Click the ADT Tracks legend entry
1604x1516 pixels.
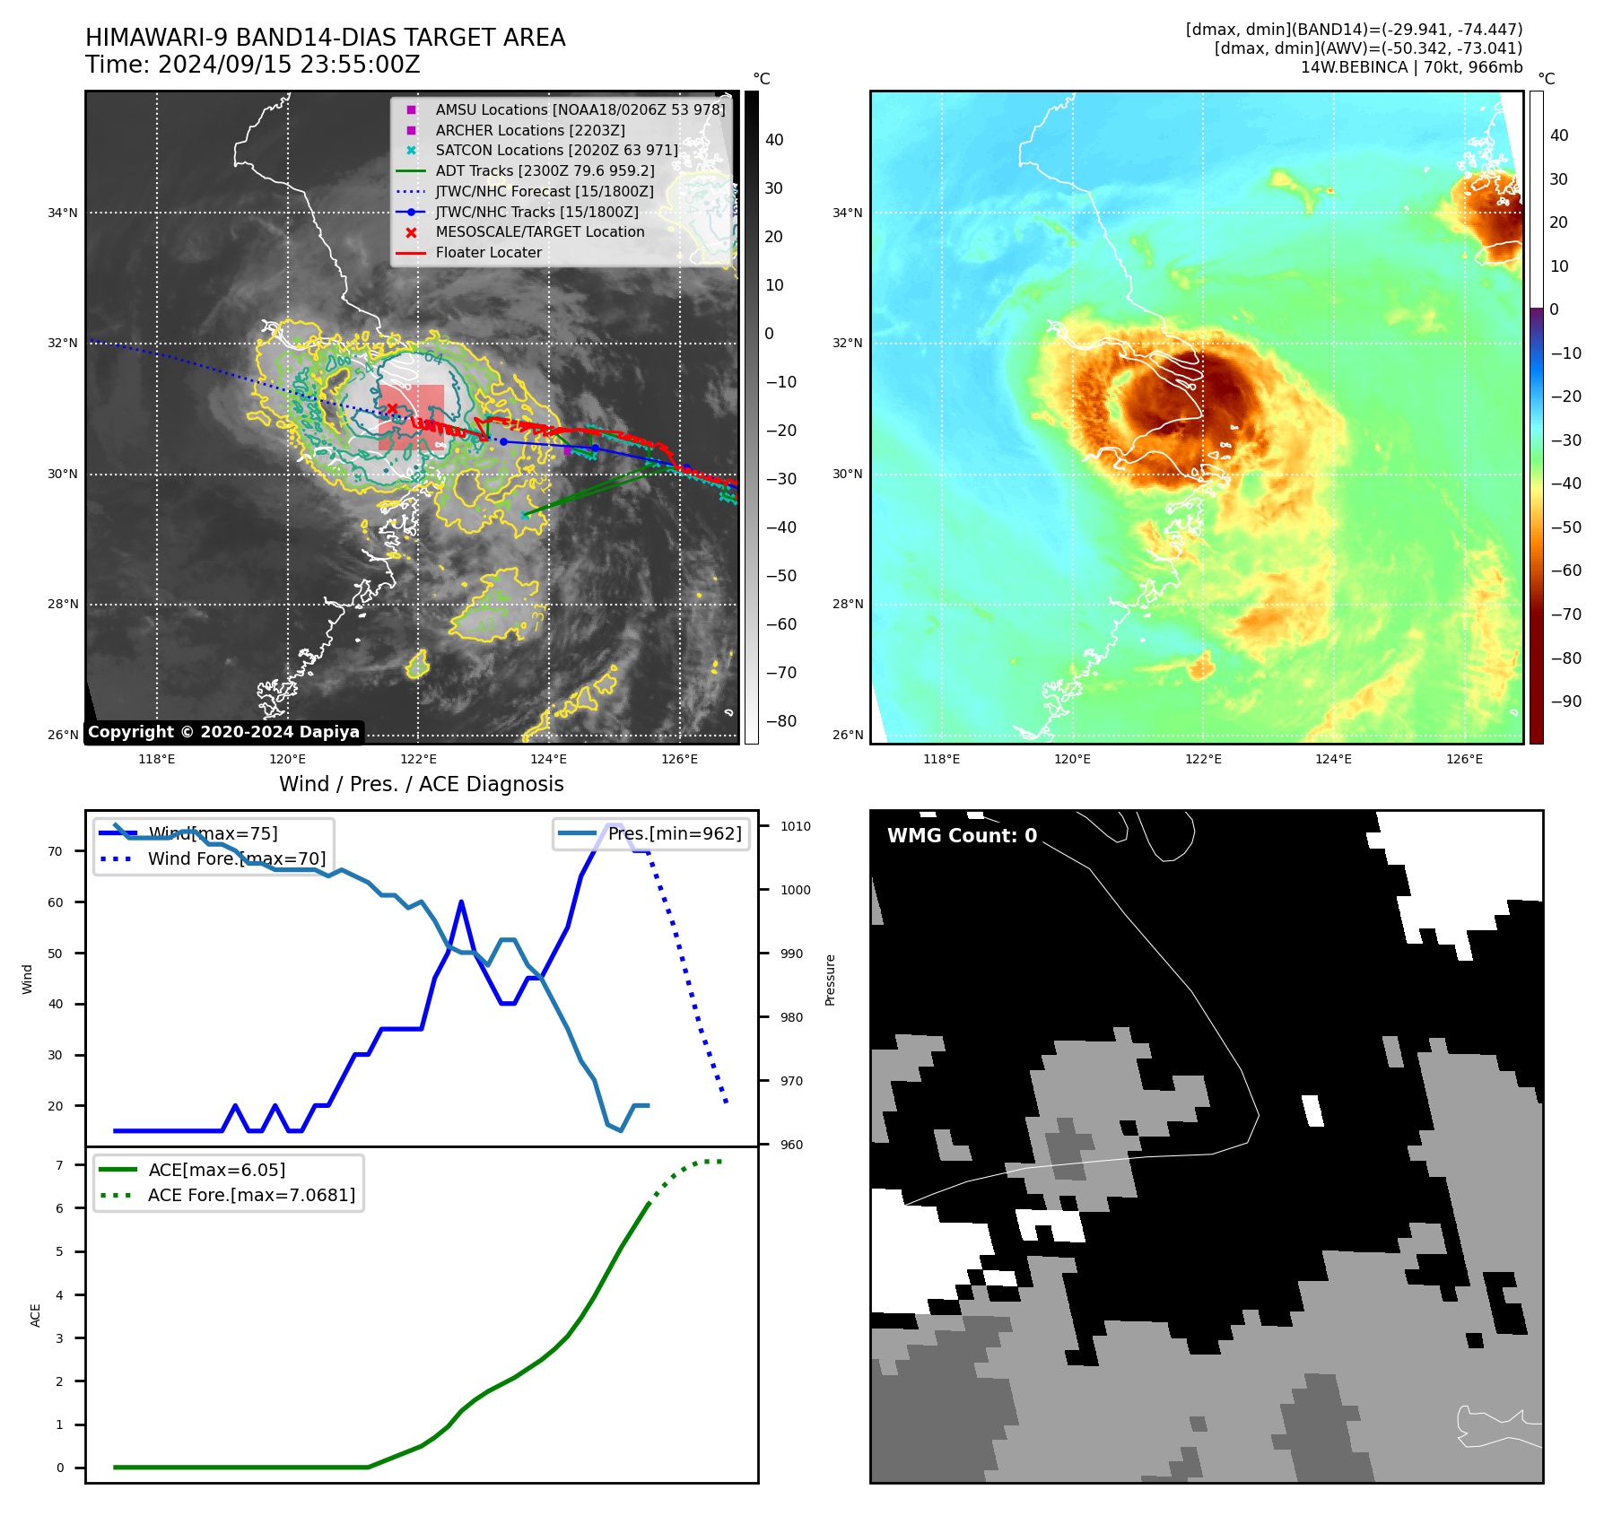click(545, 170)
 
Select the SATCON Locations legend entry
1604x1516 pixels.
click(556, 150)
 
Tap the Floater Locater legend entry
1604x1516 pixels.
click(488, 252)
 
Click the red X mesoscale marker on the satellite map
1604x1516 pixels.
click(392, 409)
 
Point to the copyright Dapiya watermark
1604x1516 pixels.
click(223, 732)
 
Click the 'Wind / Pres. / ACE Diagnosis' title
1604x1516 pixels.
click(421, 784)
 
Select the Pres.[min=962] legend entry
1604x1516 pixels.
click(674, 833)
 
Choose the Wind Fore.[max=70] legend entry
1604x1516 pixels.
click(236, 858)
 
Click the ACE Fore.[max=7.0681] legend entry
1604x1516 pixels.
click(251, 1195)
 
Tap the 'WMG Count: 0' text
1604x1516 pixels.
click(962, 835)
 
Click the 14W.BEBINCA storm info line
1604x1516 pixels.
click(1411, 67)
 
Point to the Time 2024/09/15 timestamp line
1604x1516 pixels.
click(252, 65)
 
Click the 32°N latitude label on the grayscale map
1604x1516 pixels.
click(63, 343)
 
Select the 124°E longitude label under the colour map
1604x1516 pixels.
click(1333, 759)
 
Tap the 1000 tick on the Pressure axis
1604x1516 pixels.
click(795, 890)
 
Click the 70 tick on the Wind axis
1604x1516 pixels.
click(56, 851)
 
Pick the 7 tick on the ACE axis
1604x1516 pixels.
click(59, 1165)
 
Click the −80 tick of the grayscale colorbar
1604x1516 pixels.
click(780, 721)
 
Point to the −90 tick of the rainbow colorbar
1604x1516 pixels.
click(1565, 701)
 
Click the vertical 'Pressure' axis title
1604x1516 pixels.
click(830, 980)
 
